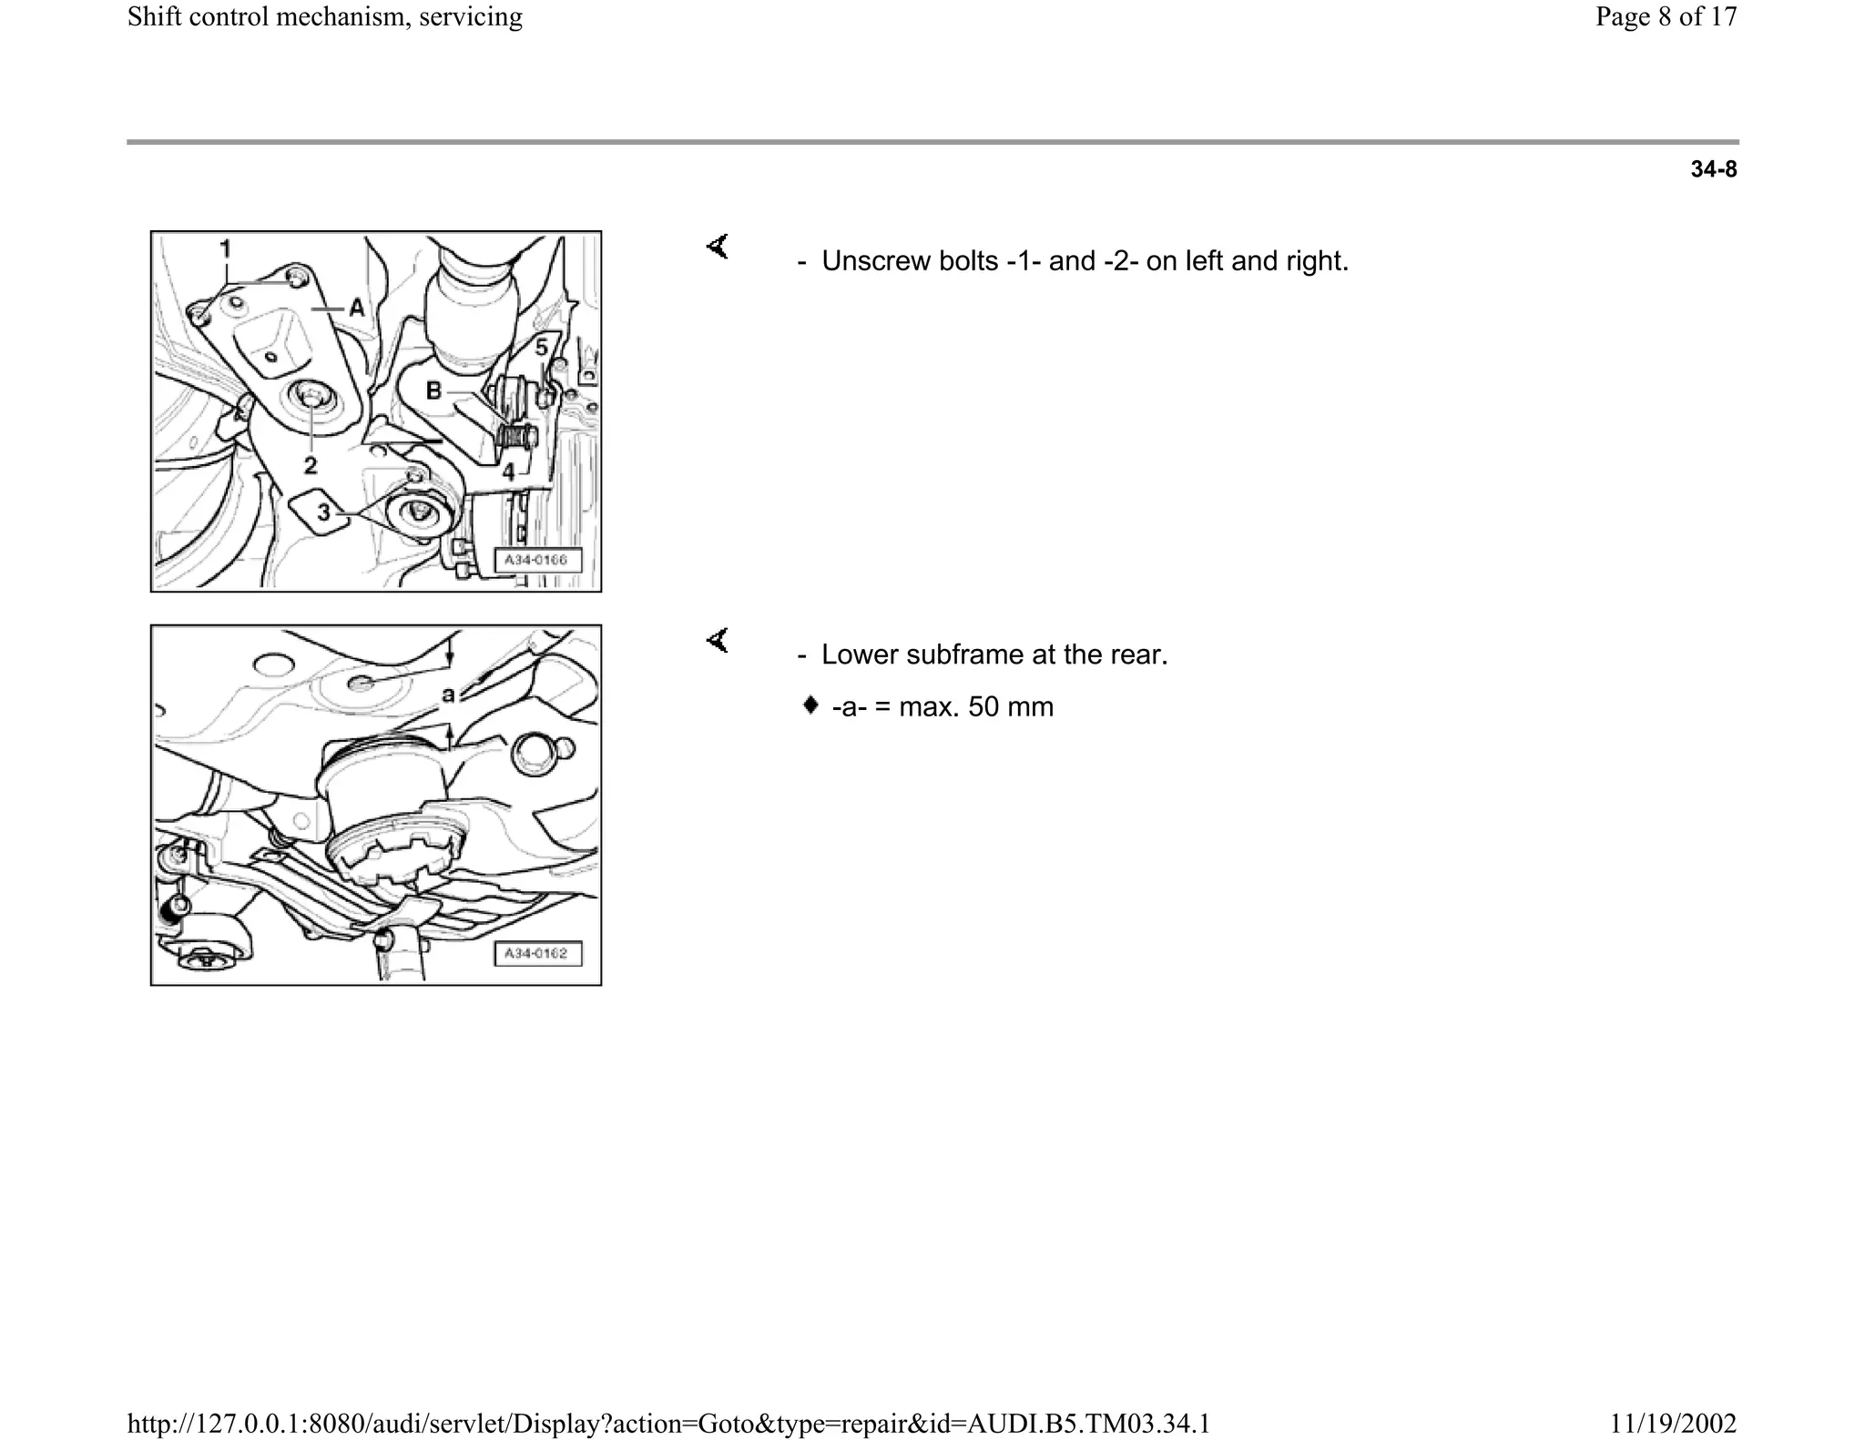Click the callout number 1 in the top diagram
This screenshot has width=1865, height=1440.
[x=225, y=248]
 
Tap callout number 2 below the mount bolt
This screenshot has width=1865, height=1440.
[x=311, y=465]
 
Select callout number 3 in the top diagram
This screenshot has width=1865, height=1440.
[x=323, y=512]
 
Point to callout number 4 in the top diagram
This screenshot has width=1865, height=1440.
[x=508, y=472]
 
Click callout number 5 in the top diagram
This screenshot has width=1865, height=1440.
[x=541, y=348]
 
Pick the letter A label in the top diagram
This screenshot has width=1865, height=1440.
[x=357, y=309]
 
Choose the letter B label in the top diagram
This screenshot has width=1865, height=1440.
[x=434, y=390]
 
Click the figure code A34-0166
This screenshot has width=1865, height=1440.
[x=535, y=560]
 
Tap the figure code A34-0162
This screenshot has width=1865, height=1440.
[x=535, y=953]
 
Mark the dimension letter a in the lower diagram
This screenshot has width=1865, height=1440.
[x=448, y=695]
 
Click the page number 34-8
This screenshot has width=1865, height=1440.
[x=1713, y=169]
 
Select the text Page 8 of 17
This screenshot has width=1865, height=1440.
[x=1666, y=16]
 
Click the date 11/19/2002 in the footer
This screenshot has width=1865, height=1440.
[x=1673, y=1423]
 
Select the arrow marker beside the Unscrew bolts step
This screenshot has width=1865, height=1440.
[x=718, y=246]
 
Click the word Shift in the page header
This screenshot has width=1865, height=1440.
[x=151, y=16]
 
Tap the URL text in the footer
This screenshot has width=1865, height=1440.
[x=668, y=1423]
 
